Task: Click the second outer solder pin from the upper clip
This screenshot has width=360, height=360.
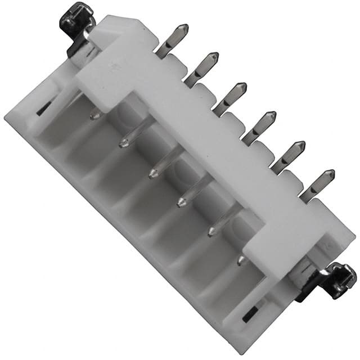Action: click(x=201, y=70)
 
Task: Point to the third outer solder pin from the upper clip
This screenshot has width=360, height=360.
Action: click(x=229, y=100)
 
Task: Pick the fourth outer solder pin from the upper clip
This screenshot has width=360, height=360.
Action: click(x=259, y=129)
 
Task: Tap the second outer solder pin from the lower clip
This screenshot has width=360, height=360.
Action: click(x=287, y=157)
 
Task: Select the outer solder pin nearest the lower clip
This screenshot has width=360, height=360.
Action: click(x=317, y=186)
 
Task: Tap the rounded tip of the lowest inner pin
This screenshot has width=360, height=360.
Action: click(x=241, y=261)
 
